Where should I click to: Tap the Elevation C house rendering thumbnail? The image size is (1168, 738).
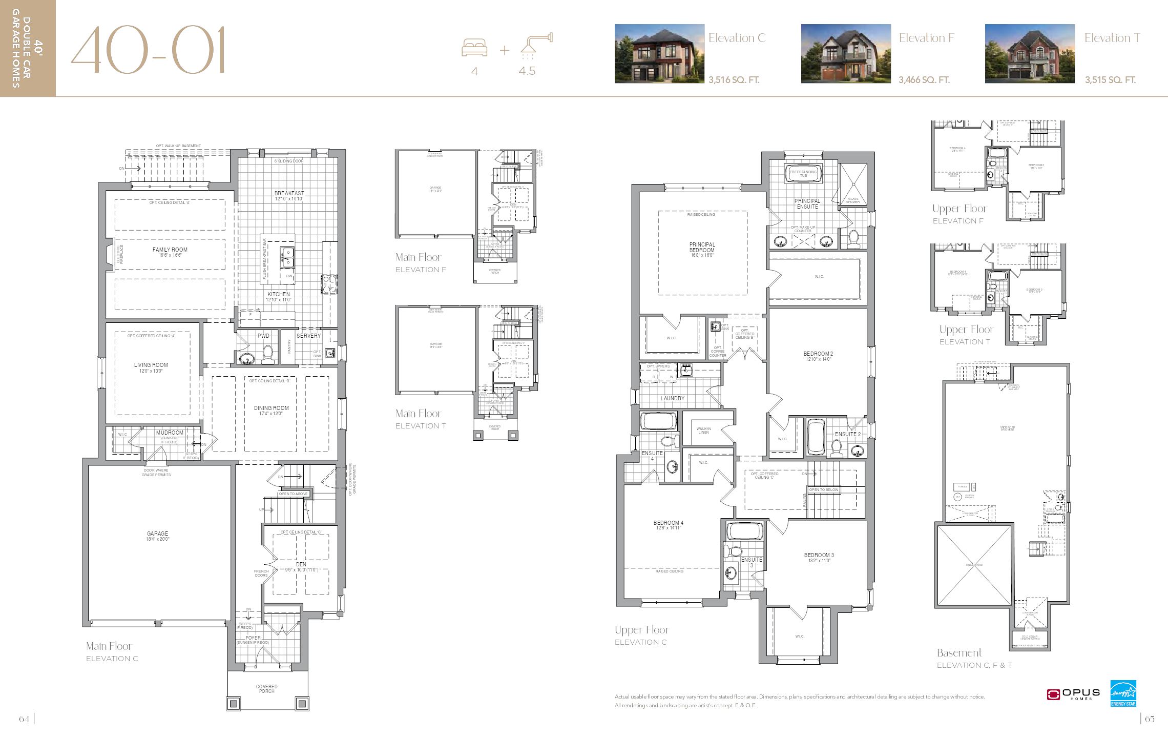pyautogui.click(x=659, y=53)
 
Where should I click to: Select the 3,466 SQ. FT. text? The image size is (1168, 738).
pyautogui.click(x=924, y=80)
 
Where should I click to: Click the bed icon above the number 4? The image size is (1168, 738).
pyautogui.click(x=474, y=48)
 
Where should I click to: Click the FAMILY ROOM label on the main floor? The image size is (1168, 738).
pyautogui.click(x=170, y=250)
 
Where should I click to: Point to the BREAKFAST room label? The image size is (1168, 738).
pyautogui.click(x=289, y=194)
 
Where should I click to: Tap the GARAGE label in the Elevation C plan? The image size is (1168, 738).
pyautogui.click(x=157, y=534)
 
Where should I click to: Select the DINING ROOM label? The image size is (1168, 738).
pyautogui.click(x=271, y=408)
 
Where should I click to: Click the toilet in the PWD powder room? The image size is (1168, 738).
pyautogui.click(x=267, y=354)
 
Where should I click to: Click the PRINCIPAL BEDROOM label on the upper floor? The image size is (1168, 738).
pyautogui.click(x=702, y=248)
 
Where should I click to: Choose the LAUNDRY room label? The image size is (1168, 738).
pyautogui.click(x=672, y=398)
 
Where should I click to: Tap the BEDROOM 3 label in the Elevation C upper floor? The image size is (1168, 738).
pyautogui.click(x=819, y=555)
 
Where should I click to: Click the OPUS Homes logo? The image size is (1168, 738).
pyautogui.click(x=1073, y=694)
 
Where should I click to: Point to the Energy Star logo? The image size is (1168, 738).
pyautogui.click(x=1123, y=693)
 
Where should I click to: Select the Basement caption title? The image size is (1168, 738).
pyautogui.click(x=959, y=653)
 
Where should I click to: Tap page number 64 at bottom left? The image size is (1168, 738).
pyautogui.click(x=24, y=719)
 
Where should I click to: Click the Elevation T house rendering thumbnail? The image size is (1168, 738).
pyautogui.click(x=1030, y=53)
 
